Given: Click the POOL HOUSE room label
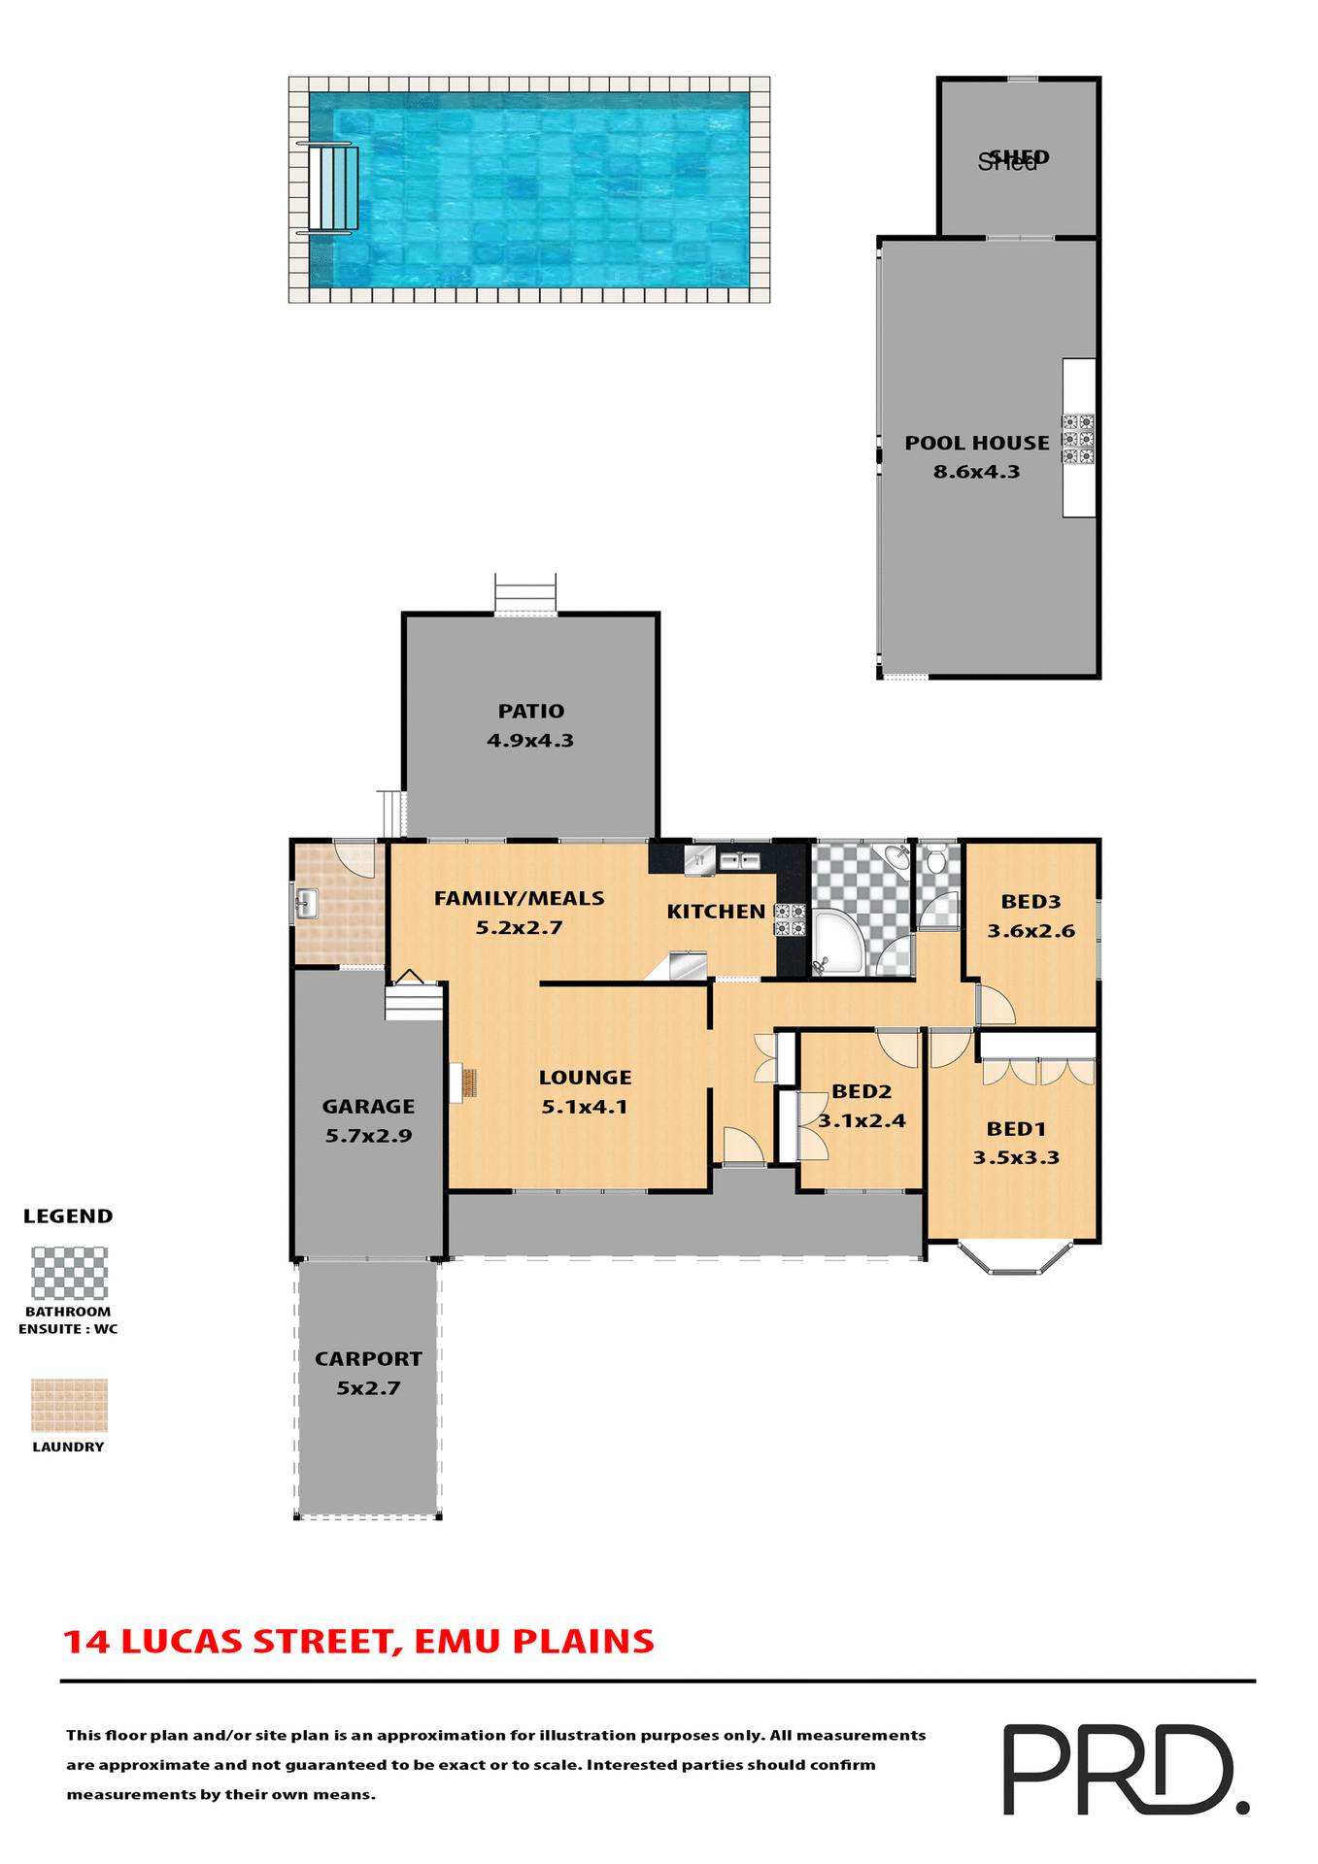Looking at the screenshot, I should pos(976,444).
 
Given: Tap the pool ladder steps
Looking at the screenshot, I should pos(333,189).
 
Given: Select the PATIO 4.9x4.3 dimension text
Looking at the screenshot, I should pos(530,741).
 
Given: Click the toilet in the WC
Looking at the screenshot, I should pos(936,860).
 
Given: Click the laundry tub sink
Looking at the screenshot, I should pos(306,904).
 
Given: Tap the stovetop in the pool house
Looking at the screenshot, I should pos(1077,439).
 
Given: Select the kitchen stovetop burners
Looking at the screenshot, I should pos(790,919).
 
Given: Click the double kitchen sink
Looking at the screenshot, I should pos(740,860).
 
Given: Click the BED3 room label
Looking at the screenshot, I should pos(1031,902).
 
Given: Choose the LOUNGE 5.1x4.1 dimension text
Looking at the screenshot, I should pos(584,1107).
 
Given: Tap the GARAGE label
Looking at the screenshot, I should pos(368,1107).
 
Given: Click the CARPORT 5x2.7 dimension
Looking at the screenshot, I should pos(368,1388).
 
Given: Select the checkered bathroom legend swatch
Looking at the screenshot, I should pos(69,1273).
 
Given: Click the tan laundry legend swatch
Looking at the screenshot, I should pos(69,1405).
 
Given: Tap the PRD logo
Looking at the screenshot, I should pos(1124,1769).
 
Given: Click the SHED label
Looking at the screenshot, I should pos(1013,158).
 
